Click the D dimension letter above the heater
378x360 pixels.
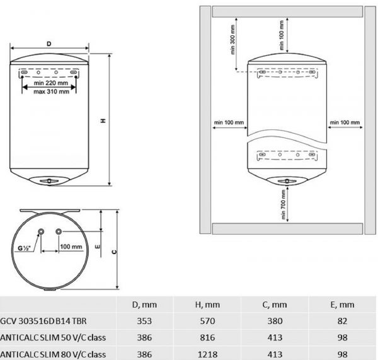click(49, 44)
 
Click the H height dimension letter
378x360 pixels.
click(103, 120)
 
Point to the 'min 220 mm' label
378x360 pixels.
click(51, 83)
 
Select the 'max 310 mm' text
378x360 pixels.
click(52, 91)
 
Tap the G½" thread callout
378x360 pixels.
click(25, 248)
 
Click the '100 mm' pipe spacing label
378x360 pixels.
click(71, 247)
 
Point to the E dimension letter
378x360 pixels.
click(98, 247)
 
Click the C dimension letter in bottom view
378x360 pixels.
click(114, 252)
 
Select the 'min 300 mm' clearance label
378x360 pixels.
click(232, 40)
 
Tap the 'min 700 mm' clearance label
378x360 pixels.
click(283, 205)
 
